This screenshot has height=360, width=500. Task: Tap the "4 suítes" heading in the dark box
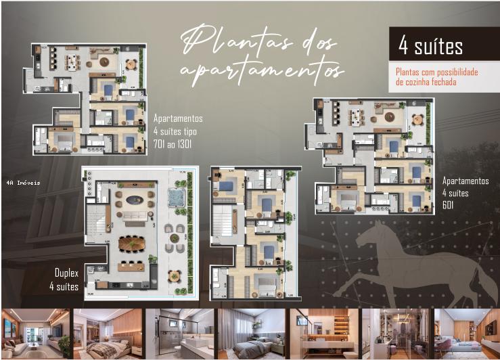click(431, 46)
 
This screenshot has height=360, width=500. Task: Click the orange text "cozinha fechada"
click(426, 82)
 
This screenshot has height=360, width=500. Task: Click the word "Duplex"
click(67, 273)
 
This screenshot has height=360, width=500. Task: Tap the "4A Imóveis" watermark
click(23, 182)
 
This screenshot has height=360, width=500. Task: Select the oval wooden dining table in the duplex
click(132, 242)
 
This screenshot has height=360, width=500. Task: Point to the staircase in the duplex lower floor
click(97, 223)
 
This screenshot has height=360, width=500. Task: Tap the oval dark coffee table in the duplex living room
click(133, 200)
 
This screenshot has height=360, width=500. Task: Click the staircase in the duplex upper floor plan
click(223, 223)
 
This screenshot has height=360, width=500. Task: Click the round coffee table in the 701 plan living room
click(104, 63)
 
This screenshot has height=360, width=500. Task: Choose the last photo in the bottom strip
click(465, 333)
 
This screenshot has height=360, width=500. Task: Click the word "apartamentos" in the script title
click(263, 69)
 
